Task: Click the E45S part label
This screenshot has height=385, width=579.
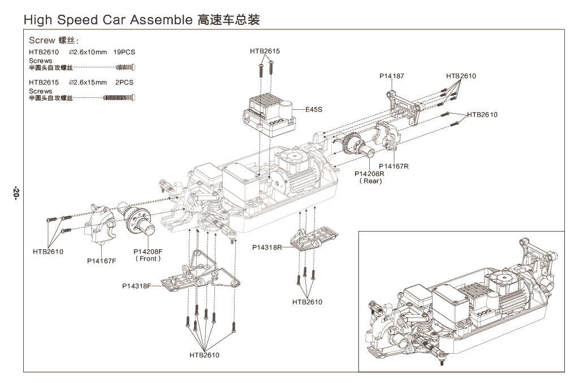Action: (x=314, y=109)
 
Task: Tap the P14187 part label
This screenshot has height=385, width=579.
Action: (x=392, y=76)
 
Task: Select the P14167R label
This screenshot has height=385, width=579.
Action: (x=394, y=166)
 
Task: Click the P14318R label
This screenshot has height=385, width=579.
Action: (x=267, y=247)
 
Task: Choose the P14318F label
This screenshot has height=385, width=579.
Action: (x=137, y=286)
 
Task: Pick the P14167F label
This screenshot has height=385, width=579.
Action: (x=102, y=261)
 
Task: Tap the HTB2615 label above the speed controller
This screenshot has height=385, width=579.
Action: (x=265, y=52)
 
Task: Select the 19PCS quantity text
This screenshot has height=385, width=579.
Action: (x=124, y=52)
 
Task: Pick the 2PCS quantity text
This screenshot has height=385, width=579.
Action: (x=124, y=82)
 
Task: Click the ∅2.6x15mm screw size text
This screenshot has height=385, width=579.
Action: (x=88, y=82)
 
